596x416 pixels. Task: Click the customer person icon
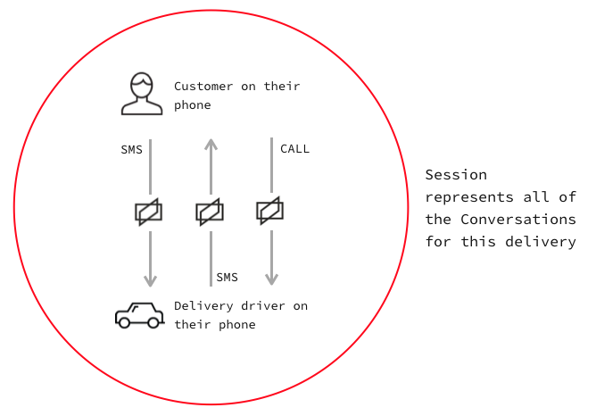(142, 94)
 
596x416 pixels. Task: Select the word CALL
(294, 149)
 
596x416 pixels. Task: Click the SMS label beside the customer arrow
(131, 150)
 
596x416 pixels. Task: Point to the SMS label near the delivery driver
(227, 278)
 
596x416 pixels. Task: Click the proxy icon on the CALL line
(270, 211)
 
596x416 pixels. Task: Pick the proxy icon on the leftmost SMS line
(149, 212)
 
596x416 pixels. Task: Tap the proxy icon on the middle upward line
(210, 212)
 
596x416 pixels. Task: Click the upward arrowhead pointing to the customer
(211, 144)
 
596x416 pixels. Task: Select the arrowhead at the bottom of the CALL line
(271, 279)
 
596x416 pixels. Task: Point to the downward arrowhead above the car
(150, 279)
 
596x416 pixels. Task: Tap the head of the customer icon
(142, 86)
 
